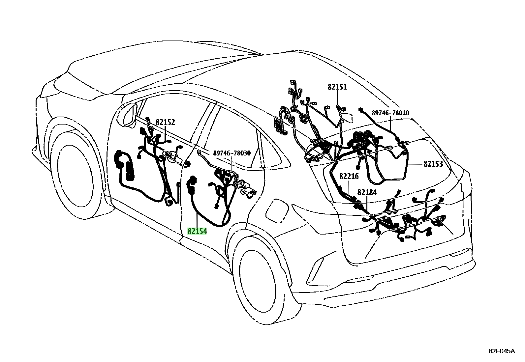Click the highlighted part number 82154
point(197,231)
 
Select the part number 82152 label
point(165,122)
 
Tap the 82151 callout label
point(337,87)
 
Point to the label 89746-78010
point(390,113)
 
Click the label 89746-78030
point(232,153)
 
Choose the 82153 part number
point(433,164)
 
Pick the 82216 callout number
point(349,176)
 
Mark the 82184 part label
point(367,192)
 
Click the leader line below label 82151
point(337,98)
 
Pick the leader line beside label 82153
point(415,164)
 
